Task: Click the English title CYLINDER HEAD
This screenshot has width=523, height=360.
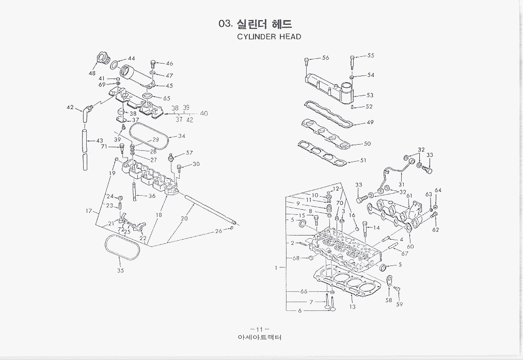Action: click(x=269, y=37)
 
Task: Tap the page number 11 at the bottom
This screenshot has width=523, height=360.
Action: click(x=257, y=329)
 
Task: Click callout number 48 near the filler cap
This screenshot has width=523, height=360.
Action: click(x=92, y=73)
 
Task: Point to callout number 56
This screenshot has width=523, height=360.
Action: click(x=325, y=58)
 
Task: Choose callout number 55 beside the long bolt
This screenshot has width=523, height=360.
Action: click(x=371, y=55)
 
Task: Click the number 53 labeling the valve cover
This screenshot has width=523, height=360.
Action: click(x=370, y=95)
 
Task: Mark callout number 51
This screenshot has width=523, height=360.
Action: click(x=363, y=160)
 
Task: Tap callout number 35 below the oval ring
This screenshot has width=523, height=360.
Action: click(x=121, y=271)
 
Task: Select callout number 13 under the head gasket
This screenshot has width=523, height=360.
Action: click(x=352, y=307)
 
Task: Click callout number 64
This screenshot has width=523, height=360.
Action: click(x=438, y=191)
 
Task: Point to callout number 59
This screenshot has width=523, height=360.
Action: click(x=399, y=304)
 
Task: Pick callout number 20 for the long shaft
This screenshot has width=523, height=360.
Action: click(x=184, y=218)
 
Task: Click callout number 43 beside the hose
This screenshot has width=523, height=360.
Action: click(x=100, y=140)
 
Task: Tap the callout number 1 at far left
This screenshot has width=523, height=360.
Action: click(x=277, y=268)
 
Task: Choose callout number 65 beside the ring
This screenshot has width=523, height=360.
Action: click(x=166, y=98)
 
